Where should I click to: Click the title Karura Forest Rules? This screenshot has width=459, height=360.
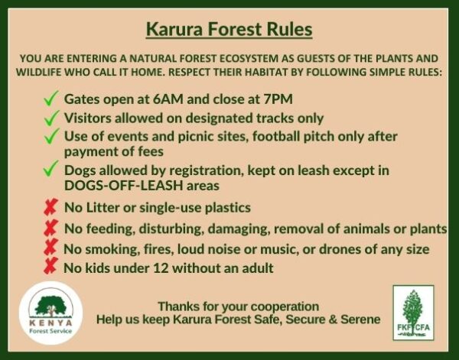(229, 31)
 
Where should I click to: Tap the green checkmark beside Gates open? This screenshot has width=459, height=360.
(51, 99)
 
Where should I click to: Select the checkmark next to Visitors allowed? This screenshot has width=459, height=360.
(51, 118)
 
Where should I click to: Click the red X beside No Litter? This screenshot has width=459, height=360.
(51, 207)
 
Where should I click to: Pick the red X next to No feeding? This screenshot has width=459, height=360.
(51, 228)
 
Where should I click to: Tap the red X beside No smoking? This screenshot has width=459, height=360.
(51, 248)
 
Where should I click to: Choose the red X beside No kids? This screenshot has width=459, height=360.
(51, 267)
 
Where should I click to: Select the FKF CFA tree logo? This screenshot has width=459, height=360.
(413, 313)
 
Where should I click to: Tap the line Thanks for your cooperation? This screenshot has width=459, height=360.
(238, 306)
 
